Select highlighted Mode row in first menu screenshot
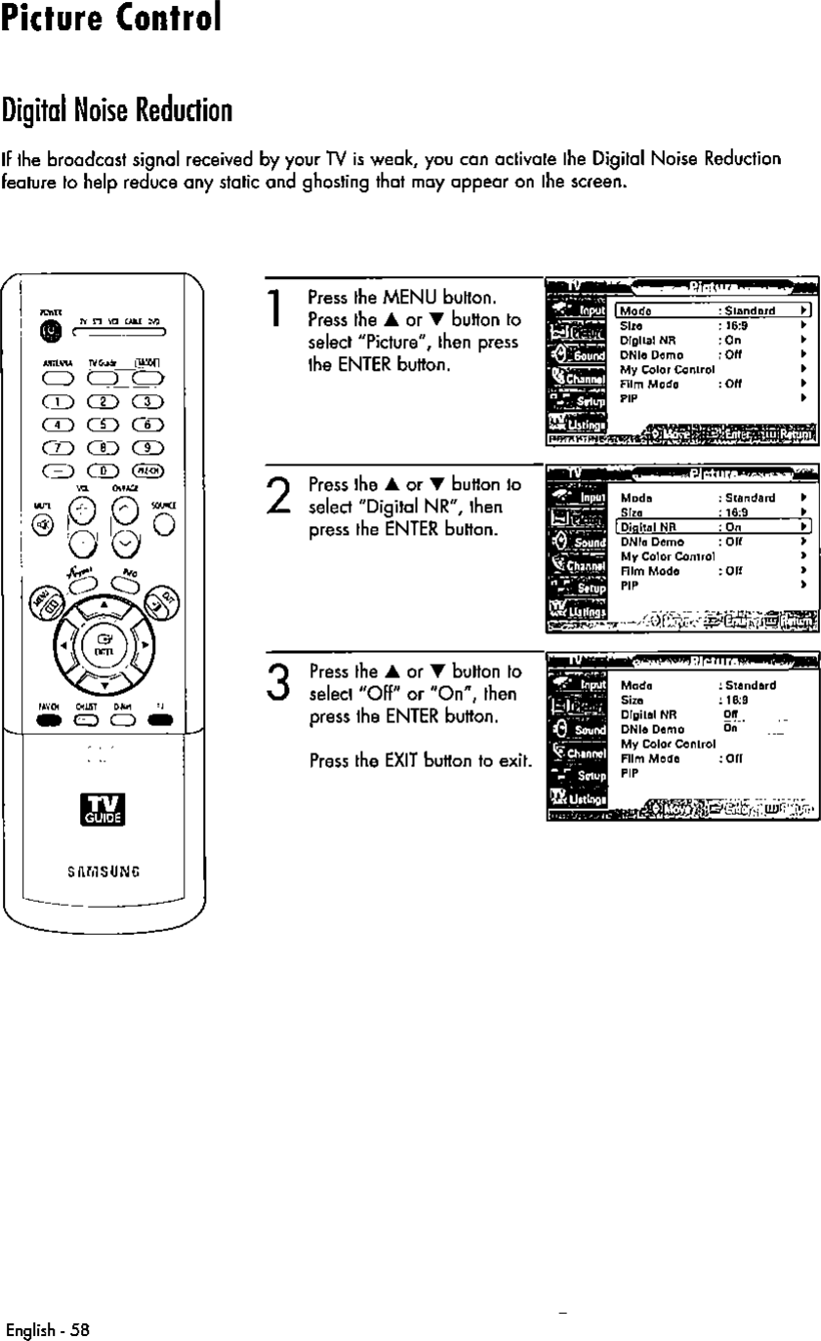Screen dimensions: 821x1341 (715, 311)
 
